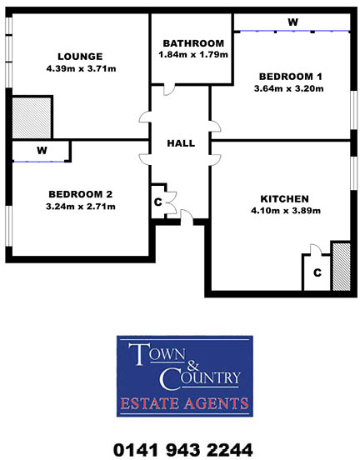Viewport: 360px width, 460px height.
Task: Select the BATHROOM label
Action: (193, 43)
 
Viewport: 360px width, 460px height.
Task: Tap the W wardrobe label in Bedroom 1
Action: (292, 22)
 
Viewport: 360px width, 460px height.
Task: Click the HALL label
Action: (181, 143)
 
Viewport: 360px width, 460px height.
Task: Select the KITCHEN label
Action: (285, 198)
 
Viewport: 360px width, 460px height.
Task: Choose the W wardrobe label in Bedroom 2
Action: (41, 151)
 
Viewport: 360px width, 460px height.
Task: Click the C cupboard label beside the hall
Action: (157, 201)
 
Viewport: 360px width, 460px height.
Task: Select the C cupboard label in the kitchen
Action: (317, 272)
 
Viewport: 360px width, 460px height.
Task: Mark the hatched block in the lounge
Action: (32, 116)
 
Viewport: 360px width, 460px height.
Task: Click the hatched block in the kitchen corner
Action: (342, 266)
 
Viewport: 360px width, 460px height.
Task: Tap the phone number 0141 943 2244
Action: (182, 449)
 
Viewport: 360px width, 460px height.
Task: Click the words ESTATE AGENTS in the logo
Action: (182, 405)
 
